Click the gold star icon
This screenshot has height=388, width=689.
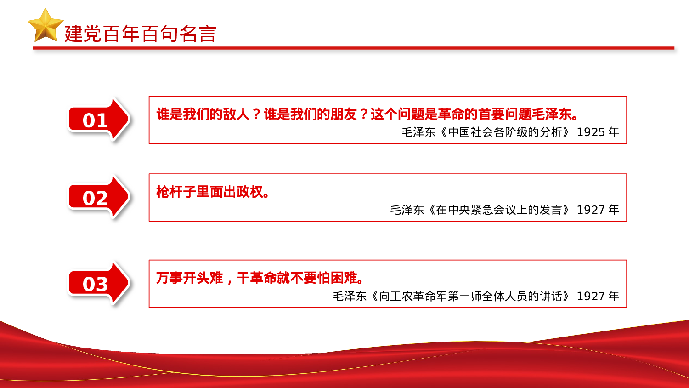click(x=45, y=26)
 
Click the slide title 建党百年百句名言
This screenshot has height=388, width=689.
click(x=140, y=34)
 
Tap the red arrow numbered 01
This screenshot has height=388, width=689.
click(x=98, y=120)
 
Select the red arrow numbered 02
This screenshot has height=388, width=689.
click(x=98, y=198)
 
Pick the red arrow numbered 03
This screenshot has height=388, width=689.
click(x=98, y=284)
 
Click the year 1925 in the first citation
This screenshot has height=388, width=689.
click(x=591, y=132)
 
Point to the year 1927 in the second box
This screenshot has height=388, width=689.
click(x=591, y=210)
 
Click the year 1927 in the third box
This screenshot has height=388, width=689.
click(x=591, y=297)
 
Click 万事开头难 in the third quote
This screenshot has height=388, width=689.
click(x=189, y=278)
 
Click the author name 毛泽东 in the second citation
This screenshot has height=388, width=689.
click(x=407, y=210)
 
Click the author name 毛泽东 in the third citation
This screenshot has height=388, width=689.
click(x=350, y=297)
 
